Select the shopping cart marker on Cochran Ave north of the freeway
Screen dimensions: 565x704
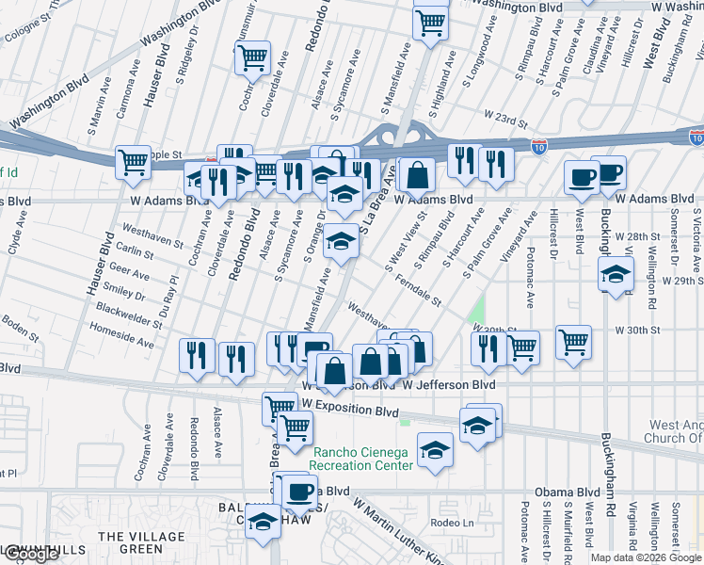click(x=252, y=58)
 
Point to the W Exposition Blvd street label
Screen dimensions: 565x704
click(x=351, y=411)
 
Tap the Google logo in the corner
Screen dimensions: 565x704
click(x=30, y=555)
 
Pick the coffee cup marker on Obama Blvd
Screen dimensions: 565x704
click(x=300, y=491)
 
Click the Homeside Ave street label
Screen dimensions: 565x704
click(x=121, y=337)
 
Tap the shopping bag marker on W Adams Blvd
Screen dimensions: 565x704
click(x=418, y=175)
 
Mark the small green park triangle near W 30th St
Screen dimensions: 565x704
click(x=478, y=312)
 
